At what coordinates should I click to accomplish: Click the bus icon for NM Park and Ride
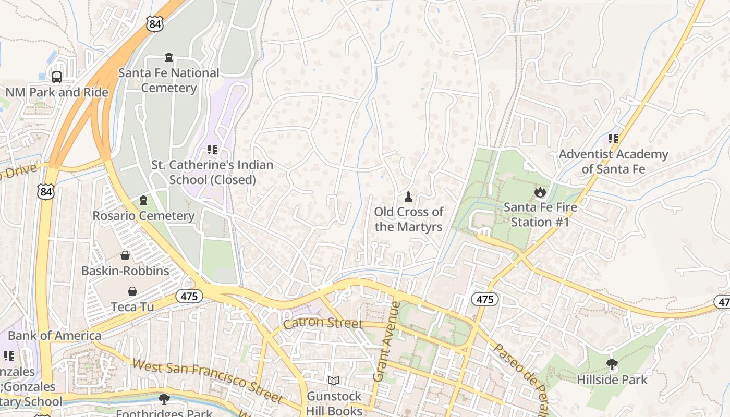click(x=57, y=77)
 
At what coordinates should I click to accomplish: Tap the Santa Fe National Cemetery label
click(x=168, y=80)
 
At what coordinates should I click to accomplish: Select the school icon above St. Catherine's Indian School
click(x=212, y=150)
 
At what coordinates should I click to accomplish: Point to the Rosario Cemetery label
click(x=143, y=216)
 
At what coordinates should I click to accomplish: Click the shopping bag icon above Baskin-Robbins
click(x=125, y=255)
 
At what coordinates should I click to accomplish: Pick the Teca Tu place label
click(x=132, y=307)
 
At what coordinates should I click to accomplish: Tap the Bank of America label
click(x=54, y=336)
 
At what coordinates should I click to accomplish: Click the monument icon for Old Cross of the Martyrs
click(x=408, y=197)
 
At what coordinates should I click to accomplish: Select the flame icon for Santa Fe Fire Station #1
click(x=540, y=192)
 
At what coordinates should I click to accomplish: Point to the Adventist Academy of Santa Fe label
click(x=613, y=162)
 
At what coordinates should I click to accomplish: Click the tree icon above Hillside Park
click(x=612, y=364)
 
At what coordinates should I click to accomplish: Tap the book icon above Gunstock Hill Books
click(x=334, y=382)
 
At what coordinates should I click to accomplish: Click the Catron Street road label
click(x=323, y=323)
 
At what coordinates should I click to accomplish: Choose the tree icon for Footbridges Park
click(x=164, y=400)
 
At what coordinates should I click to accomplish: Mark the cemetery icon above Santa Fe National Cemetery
click(x=168, y=57)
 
